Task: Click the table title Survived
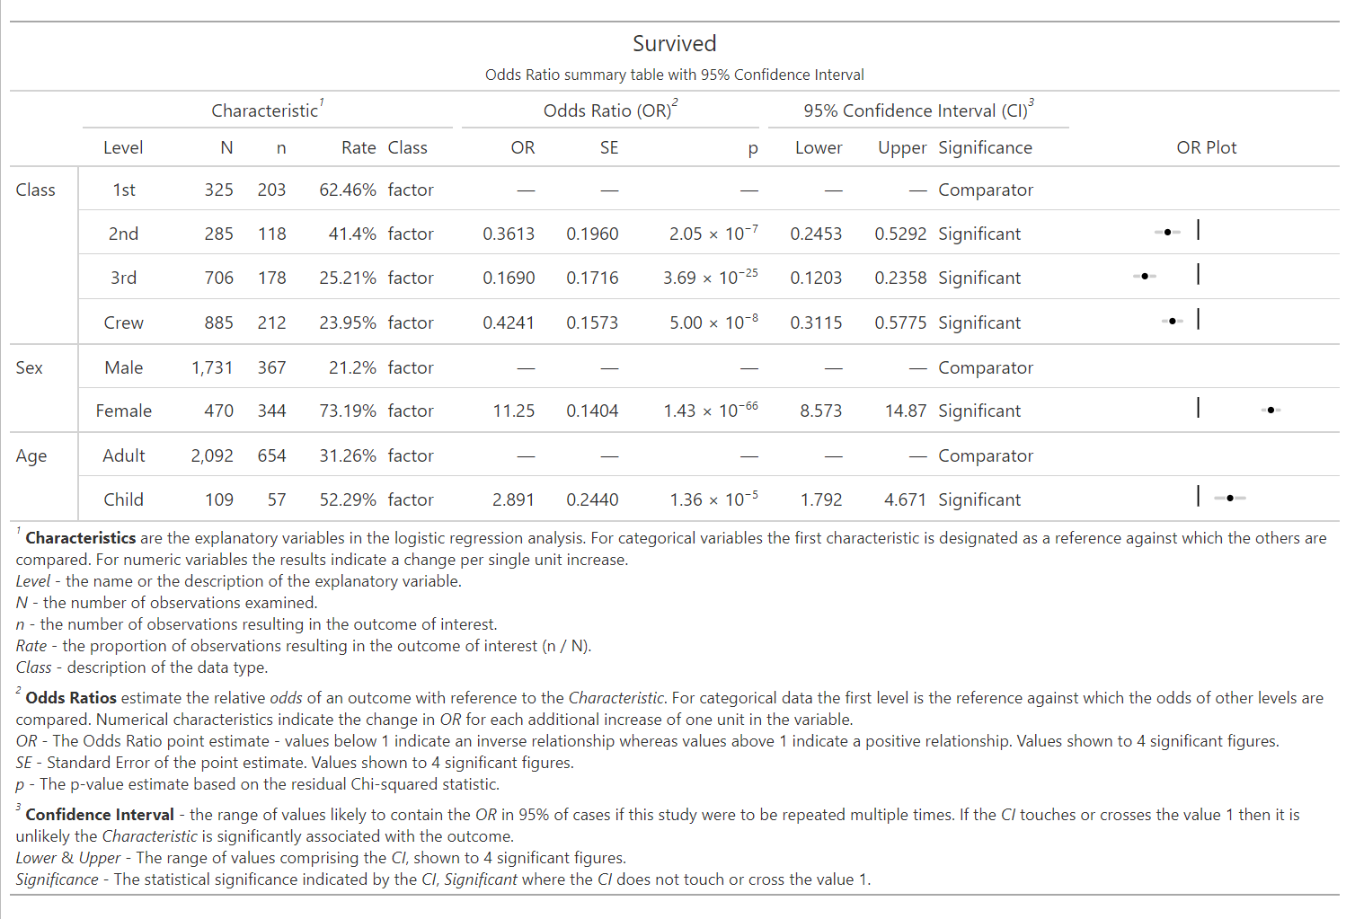pos(674,43)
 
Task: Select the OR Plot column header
pos(1206,147)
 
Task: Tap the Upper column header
pos(901,147)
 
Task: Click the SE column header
pos(608,147)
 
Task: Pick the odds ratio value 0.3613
pos(508,234)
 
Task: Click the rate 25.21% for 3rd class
pos(347,278)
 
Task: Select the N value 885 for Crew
pos(218,323)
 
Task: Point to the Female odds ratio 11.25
pos(513,411)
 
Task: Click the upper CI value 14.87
pos(905,411)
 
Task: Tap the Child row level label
pos(123,499)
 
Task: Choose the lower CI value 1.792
pos(821,499)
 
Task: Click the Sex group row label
pos(29,367)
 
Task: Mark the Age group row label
pos(31,455)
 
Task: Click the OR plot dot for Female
pos(1271,410)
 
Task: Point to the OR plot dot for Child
pos(1230,498)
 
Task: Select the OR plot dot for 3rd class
pos(1144,276)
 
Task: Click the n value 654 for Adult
pos(271,455)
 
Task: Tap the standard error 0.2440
pos(592,499)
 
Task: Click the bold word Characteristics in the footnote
pos(80,538)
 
